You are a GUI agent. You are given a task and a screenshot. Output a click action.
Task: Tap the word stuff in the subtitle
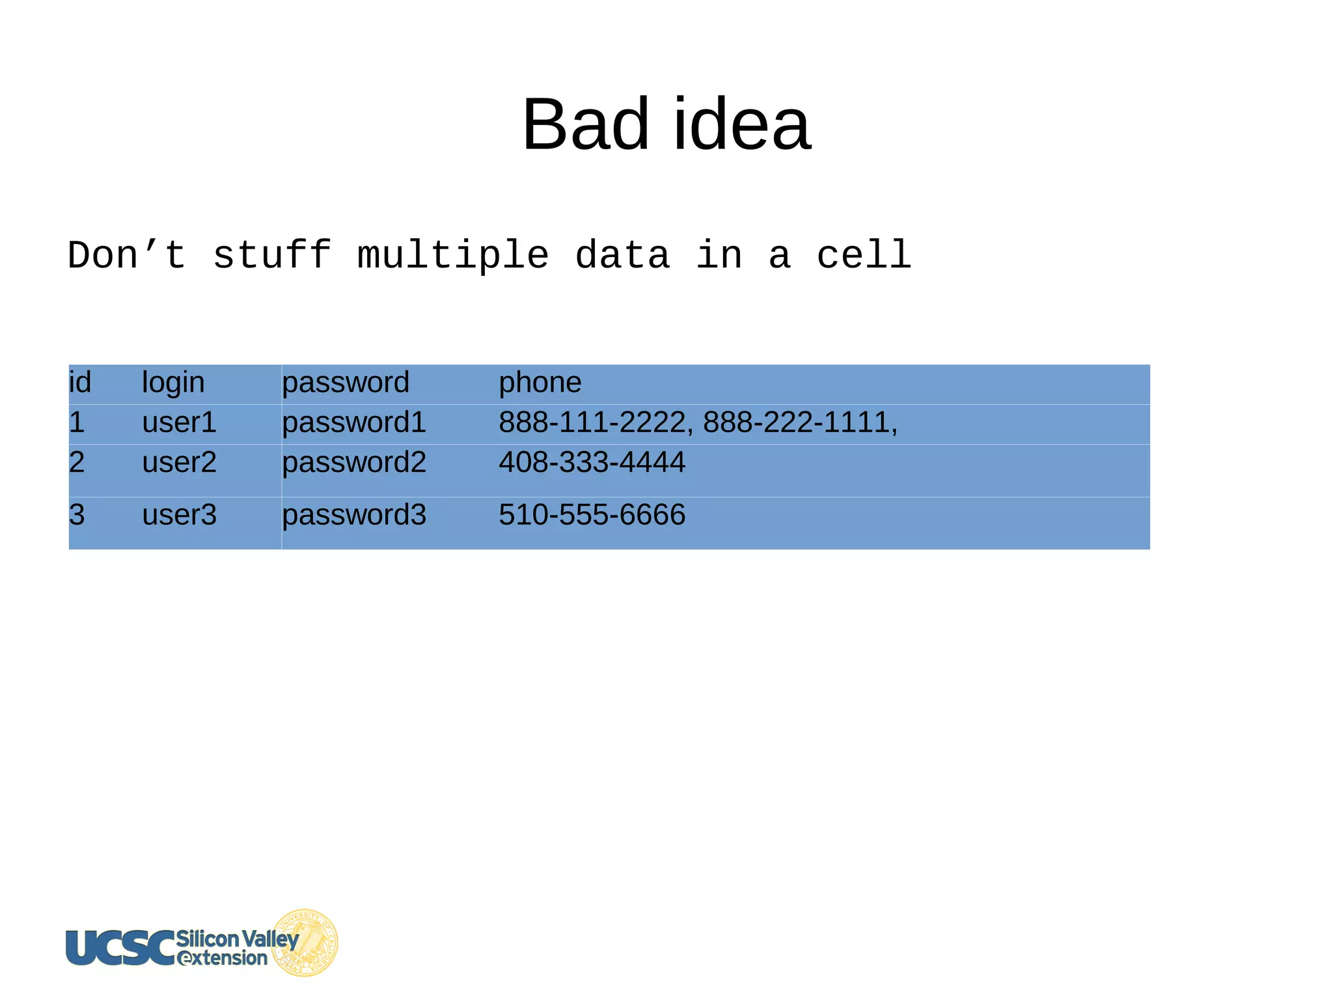point(272,255)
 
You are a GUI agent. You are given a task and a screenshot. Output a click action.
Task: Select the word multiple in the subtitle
point(453,255)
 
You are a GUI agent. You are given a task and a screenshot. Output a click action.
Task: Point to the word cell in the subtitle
point(864,255)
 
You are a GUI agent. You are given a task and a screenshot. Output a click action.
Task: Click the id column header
point(80,383)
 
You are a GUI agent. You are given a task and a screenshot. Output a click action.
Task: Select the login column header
point(173,383)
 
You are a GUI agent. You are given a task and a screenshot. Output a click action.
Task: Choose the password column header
point(346,383)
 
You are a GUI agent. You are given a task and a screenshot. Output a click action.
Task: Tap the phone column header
point(540,383)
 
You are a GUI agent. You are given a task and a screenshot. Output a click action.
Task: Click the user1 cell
point(179,422)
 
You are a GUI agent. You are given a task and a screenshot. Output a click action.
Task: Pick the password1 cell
point(354,422)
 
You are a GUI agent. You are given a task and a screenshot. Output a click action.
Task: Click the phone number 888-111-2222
point(592,422)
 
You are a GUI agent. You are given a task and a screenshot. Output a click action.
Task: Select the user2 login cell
point(179,463)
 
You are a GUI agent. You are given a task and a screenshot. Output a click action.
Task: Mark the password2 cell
point(354,463)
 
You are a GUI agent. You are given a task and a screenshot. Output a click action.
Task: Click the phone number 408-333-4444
point(592,463)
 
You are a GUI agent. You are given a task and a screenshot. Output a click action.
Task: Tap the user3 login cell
point(179,515)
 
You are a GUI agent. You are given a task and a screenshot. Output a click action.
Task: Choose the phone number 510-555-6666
point(592,515)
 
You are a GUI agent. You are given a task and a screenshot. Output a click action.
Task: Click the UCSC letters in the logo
point(120,948)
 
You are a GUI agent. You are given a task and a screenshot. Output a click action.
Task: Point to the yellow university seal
point(306,942)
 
